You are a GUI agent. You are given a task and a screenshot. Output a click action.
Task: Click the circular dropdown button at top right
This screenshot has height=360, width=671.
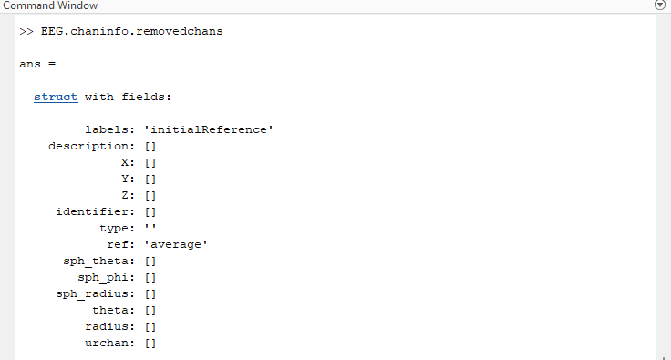tap(661, 5)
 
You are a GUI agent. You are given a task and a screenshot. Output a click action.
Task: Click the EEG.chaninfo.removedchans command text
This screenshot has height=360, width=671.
tap(132, 31)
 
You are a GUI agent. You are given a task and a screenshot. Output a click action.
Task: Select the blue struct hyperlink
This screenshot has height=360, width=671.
tap(56, 97)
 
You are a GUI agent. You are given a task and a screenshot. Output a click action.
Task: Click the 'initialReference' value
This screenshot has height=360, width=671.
tap(209, 129)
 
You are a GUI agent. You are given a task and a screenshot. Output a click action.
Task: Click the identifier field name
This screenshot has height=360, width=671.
tap(95, 211)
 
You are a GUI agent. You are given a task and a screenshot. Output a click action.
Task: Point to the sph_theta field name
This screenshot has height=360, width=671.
tap(98, 261)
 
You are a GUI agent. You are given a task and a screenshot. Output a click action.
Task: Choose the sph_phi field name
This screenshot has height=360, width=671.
tap(106, 277)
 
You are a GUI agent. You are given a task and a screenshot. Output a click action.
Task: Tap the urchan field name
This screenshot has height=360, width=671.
tap(109, 343)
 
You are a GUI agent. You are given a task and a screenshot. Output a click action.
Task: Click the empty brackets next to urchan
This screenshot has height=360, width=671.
tap(151, 343)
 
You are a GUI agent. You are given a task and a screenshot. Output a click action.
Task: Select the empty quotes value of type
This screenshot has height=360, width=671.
tap(151, 228)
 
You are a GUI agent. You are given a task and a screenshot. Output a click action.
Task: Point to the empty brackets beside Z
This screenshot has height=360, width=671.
tap(151, 195)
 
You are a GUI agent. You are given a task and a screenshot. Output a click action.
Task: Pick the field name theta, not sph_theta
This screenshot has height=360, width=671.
tap(113, 310)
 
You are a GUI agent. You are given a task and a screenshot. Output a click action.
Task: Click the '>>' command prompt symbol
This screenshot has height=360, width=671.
tap(26, 31)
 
